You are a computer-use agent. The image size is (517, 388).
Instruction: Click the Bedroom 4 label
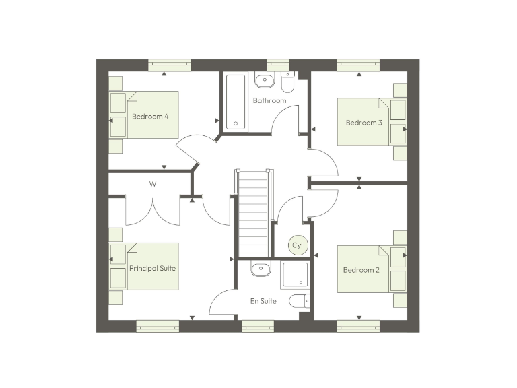(x=150, y=117)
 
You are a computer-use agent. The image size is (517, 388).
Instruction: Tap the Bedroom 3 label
(x=364, y=123)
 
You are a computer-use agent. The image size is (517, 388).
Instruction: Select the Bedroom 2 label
(x=361, y=270)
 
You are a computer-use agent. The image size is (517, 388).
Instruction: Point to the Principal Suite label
(x=152, y=268)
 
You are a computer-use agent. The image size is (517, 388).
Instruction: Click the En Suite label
(x=263, y=301)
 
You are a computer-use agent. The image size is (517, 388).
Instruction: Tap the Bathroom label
(x=269, y=100)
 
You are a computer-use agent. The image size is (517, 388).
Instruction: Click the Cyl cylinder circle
(x=298, y=245)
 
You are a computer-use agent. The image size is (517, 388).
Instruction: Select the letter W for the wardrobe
(x=153, y=183)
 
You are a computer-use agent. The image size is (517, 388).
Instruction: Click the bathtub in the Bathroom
(x=236, y=101)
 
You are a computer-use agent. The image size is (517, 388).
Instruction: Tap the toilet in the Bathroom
(x=288, y=82)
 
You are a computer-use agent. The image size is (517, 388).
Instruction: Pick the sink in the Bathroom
(x=264, y=81)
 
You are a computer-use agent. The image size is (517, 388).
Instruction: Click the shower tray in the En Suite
(x=294, y=276)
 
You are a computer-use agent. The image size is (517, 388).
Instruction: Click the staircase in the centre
(x=253, y=212)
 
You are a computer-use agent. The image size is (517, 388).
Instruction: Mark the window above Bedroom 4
(x=170, y=65)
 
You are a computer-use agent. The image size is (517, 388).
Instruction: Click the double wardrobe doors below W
(x=153, y=210)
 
